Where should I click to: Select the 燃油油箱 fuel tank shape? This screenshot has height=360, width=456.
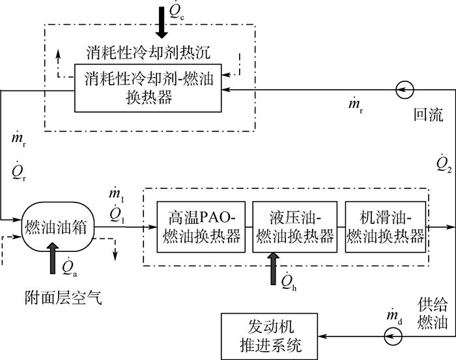coord(56,228)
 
